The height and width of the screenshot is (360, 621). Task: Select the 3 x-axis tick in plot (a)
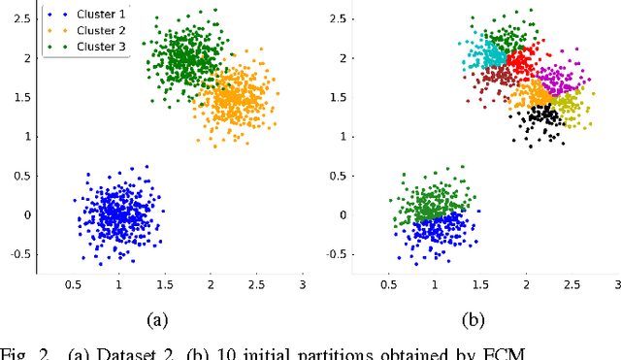(x=303, y=285)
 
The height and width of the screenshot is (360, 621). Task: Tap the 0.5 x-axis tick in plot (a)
(x=72, y=285)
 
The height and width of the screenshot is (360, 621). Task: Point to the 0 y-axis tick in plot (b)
(x=343, y=215)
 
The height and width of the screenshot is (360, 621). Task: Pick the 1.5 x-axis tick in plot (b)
(x=479, y=285)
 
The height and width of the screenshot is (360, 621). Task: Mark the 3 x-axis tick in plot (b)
(x=617, y=285)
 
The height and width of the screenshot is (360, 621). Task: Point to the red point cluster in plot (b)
(x=521, y=64)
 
